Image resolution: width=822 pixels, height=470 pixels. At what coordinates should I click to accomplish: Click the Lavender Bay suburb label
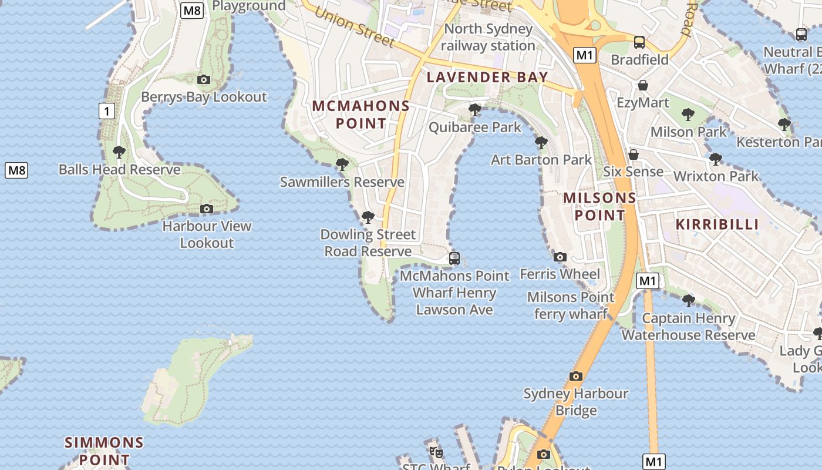tap(487, 77)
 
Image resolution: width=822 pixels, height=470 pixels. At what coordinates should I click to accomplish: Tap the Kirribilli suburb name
tap(717, 224)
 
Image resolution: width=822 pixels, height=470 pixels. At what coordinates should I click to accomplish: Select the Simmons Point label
tap(104, 451)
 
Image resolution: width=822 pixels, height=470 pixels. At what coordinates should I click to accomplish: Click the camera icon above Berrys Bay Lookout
tap(204, 79)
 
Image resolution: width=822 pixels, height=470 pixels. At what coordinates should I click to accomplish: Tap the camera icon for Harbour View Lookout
tap(207, 209)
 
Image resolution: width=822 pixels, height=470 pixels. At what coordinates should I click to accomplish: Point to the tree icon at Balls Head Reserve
tap(119, 152)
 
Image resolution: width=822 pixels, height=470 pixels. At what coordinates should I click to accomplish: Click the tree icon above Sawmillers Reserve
tap(342, 164)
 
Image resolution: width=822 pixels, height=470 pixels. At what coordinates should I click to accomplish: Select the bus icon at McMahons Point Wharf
tap(454, 258)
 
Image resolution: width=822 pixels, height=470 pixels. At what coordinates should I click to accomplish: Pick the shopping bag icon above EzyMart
tap(643, 85)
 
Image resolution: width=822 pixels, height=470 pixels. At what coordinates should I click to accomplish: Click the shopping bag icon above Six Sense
tap(634, 155)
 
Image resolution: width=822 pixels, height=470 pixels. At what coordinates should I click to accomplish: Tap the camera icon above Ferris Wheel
tap(560, 257)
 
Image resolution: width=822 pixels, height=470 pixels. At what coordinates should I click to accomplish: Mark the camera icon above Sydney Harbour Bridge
tap(576, 376)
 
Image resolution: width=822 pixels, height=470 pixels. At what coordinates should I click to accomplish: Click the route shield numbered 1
tap(106, 110)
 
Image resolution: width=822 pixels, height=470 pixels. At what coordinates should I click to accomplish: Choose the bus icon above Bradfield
tap(639, 42)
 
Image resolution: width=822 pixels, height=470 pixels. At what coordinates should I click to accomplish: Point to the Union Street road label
tap(354, 27)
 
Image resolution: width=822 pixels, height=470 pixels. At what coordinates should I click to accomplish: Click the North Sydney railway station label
tap(488, 37)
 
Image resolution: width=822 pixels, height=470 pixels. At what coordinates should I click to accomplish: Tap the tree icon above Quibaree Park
tap(475, 110)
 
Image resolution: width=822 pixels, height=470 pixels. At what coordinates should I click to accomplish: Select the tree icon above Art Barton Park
tap(541, 142)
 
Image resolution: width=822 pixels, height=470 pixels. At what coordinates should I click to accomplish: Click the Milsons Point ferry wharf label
tap(571, 305)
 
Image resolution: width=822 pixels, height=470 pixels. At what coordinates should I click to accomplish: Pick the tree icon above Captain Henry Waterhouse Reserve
tap(689, 301)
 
